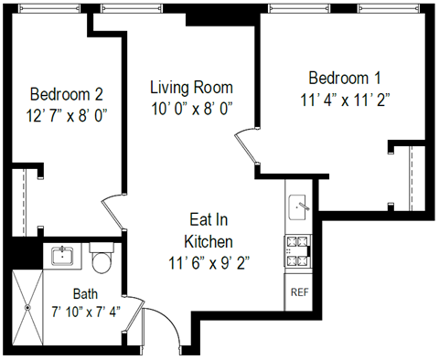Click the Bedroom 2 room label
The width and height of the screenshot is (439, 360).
click(66, 93)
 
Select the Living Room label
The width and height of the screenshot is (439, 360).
click(191, 88)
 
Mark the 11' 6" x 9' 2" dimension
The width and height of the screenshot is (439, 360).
click(209, 263)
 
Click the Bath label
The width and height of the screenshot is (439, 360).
click(87, 294)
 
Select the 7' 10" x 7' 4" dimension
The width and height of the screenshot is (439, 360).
click(87, 312)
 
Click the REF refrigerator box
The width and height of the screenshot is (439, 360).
click(298, 293)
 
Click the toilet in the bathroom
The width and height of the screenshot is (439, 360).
click(102, 259)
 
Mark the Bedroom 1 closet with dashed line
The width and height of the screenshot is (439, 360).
click(409, 175)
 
